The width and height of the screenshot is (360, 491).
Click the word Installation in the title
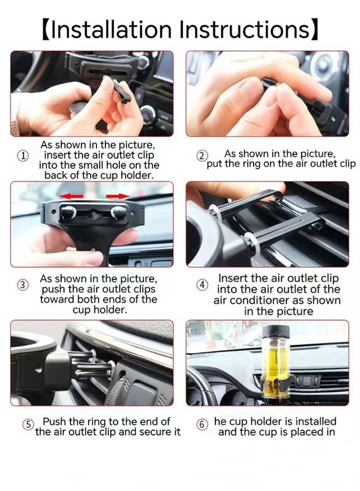[111, 30]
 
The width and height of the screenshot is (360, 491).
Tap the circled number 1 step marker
[22, 155]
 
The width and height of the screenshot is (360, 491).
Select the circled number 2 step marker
[202, 155]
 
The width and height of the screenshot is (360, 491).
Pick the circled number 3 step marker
[22, 285]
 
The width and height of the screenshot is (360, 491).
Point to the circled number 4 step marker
[202, 285]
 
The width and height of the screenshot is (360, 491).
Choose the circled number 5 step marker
[28, 424]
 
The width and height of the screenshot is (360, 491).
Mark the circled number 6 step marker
[202, 424]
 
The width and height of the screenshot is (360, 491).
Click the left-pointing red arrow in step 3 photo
[71, 196]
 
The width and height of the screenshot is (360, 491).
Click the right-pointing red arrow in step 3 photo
[117, 196]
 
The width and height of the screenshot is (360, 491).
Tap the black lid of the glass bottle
[275, 331]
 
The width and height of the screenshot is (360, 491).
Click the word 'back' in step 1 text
[56, 175]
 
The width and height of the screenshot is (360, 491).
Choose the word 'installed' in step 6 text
[316, 422]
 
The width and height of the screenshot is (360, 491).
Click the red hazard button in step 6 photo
[308, 381]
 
